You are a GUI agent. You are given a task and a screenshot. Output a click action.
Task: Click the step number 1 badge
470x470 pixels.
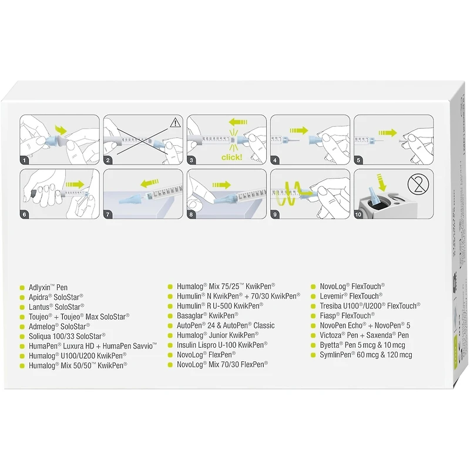point(25,159)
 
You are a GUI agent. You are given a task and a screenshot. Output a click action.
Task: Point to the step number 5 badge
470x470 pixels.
point(358,159)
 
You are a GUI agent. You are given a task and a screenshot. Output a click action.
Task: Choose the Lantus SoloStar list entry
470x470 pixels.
point(56,307)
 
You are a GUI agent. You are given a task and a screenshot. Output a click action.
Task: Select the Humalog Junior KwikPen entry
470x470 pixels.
point(217,335)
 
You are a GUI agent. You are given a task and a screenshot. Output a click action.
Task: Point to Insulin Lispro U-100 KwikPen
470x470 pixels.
point(221,345)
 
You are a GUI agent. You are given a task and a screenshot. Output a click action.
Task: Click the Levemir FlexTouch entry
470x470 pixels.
point(350,296)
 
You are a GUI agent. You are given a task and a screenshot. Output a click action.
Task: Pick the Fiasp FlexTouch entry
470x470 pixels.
point(347,315)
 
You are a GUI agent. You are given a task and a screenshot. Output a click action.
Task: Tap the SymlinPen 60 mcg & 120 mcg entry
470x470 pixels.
point(365,355)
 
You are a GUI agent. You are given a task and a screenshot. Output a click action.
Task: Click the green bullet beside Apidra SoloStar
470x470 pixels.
point(22,297)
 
